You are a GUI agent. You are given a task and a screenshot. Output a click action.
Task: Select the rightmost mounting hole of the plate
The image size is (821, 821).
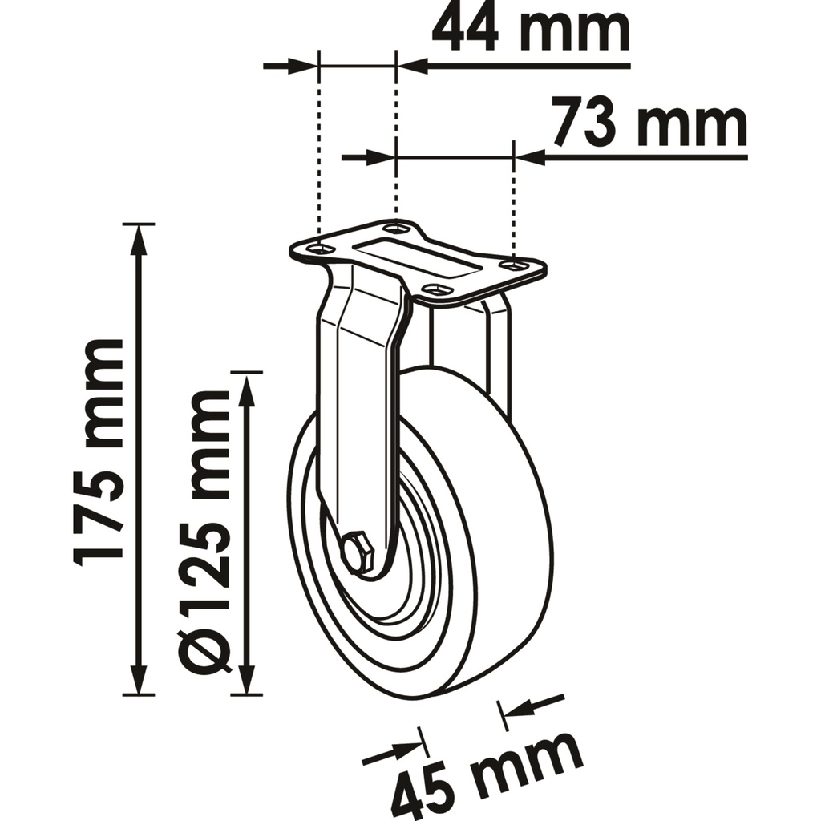point(513,265)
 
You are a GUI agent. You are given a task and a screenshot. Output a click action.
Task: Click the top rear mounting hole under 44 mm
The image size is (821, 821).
point(396,229)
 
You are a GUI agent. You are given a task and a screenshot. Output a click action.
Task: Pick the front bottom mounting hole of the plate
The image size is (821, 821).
point(435,289)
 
